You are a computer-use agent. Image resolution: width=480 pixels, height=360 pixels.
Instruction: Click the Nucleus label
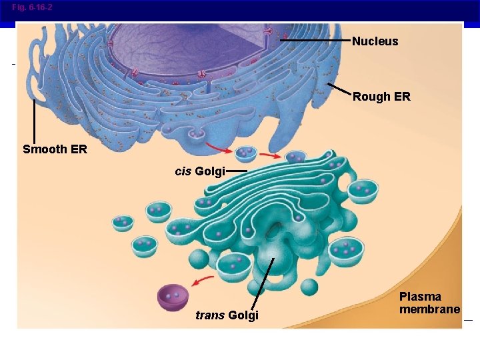tap(375, 41)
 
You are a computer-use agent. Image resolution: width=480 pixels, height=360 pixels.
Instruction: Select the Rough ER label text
tap(381, 97)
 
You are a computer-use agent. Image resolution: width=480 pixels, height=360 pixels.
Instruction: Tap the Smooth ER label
tap(55, 149)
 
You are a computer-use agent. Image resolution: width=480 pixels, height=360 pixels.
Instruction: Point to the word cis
tap(183, 171)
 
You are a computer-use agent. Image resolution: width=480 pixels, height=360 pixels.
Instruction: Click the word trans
tap(210, 315)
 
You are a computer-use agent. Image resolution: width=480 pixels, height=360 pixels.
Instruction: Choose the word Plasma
tap(420, 297)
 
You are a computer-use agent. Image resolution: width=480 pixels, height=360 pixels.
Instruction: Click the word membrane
tap(429, 309)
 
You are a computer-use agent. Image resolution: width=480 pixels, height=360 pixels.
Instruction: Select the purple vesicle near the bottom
tap(173, 297)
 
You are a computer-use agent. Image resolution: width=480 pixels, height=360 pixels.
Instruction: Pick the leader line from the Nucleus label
tap(316, 41)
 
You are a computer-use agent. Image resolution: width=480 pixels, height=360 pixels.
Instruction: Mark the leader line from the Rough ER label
tap(339, 89)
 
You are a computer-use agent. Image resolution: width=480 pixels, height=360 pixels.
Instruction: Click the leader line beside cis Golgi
tap(236, 171)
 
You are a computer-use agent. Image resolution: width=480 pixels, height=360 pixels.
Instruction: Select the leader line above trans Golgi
tap(263, 283)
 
